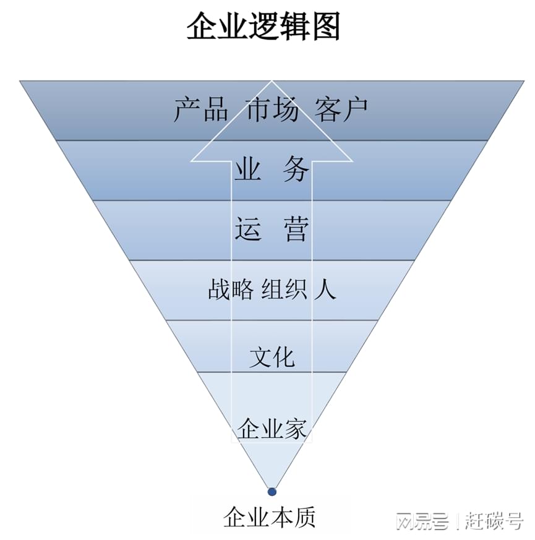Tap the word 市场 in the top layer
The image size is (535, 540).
click(x=272, y=109)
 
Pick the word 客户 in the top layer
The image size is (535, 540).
click(x=341, y=109)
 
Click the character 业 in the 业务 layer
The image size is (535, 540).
click(x=247, y=169)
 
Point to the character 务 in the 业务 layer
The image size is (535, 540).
click(x=296, y=169)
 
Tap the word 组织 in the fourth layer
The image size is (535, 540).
click(x=284, y=289)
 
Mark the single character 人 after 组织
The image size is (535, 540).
click(x=325, y=289)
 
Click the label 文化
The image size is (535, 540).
click(x=272, y=357)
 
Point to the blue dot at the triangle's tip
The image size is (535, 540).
click(x=272, y=492)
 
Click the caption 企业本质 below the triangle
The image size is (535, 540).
click(x=270, y=517)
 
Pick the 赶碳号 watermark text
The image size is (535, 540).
click(x=494, y=521)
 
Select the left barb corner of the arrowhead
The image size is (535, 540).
click(x=192, y=161)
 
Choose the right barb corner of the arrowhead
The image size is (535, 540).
click(x=352, y=161)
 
